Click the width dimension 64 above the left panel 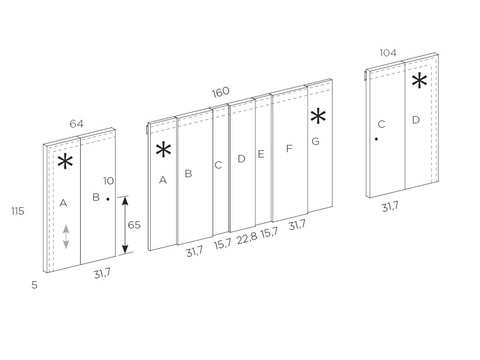[x=76, y=124]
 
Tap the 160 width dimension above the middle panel [x=220, y=92]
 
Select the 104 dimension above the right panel [x=388, y=53]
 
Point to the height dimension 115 [x=18, y=211]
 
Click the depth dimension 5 [x=34, y=285]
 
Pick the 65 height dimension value [x=134, y=225]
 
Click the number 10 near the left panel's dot [x=108, y=181]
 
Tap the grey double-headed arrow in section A [x=66, y=237]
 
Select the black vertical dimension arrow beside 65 [x=125, y=225]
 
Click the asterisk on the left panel [x=65, y=162]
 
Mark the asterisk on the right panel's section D [x=420, y=81]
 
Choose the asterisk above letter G [x=318, y=116]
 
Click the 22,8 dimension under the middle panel [x=247, y=238]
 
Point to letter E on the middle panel [x=261, y=154]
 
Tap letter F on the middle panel [x=289, y=149]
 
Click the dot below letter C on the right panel [x=376, y=139]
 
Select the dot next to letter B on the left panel [x=108, y=199]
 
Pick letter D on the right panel [x=416, y=120]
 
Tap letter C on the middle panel [x=218, y=165]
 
